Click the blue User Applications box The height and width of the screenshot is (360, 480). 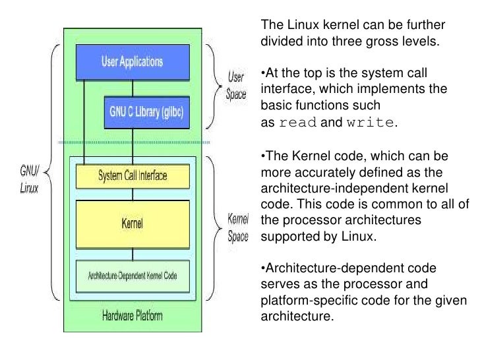[133, 62]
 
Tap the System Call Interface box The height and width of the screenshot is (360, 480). [133, 175]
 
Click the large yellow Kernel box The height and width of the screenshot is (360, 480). [133, 222]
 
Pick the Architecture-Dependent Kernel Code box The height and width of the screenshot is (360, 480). [133, 275]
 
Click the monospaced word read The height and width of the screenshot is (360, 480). [299, 123]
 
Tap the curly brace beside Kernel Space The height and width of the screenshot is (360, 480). [214, 226]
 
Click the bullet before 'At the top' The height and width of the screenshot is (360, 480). [263, 72]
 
